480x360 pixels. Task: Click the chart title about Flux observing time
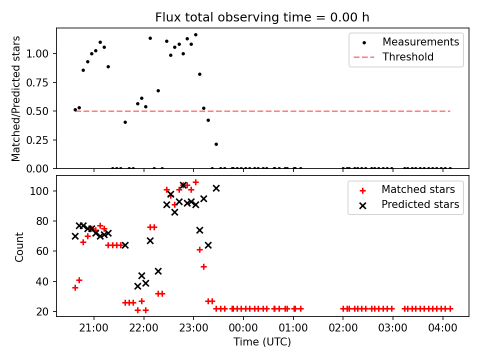coord(262,17)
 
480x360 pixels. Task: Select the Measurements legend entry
coord(420,42)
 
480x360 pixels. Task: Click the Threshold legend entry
coord(408,57)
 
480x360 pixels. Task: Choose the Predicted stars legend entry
coord(420,204)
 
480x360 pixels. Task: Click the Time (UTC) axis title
coord(262,342)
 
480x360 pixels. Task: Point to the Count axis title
coord(19,246)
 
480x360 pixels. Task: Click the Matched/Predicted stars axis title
coord(16,98)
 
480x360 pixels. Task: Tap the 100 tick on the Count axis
coord(44,191)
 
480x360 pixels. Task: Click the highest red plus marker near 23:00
coord(195,182)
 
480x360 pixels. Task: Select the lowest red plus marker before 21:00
coord(75,287)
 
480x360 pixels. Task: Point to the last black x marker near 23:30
coord(216,188)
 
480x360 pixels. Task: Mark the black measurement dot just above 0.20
coord(216,144)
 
